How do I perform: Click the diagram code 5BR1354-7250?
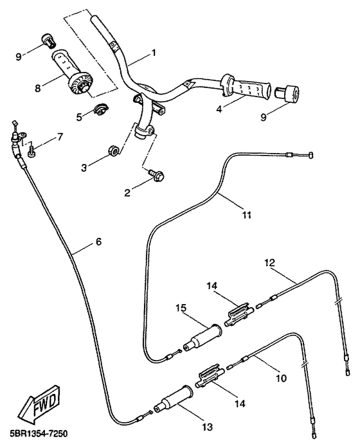35,434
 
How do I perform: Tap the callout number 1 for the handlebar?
154,53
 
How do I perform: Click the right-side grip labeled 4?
246,88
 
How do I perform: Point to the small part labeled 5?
101,110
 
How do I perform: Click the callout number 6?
98,242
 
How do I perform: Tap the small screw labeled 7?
31,151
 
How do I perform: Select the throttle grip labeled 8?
72,72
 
